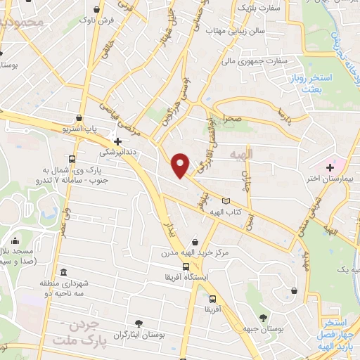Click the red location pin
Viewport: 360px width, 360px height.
[181, 165]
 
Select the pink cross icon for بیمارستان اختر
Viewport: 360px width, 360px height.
[330, 167]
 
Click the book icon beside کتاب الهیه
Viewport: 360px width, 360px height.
[225, 202]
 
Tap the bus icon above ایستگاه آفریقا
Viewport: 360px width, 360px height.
[186, 266]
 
